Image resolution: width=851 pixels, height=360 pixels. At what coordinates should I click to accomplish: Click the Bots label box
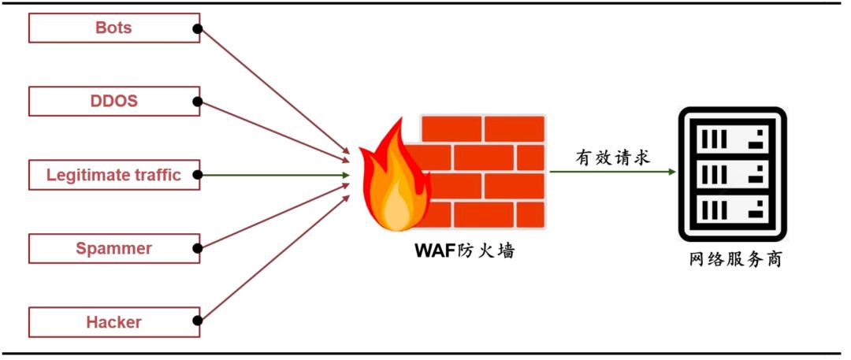coord(113,28)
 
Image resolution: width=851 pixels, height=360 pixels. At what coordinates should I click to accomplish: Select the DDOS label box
coord(113,102)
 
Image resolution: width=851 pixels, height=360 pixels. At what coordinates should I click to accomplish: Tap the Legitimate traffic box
coord(113,175)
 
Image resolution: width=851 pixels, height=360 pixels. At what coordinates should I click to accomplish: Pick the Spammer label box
coord(113,249)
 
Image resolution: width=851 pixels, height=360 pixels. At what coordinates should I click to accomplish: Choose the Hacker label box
coord(113,322)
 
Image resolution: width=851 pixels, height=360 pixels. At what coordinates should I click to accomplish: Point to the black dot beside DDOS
coord(198,102)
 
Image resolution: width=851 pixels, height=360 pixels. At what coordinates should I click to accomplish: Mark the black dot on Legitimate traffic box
coord(198,175)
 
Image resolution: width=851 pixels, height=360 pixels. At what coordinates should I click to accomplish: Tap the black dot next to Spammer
coord(198,248)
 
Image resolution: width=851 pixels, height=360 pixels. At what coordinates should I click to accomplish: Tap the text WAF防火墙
coord(466,252)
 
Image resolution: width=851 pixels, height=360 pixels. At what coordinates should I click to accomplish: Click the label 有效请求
coord(612,158)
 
